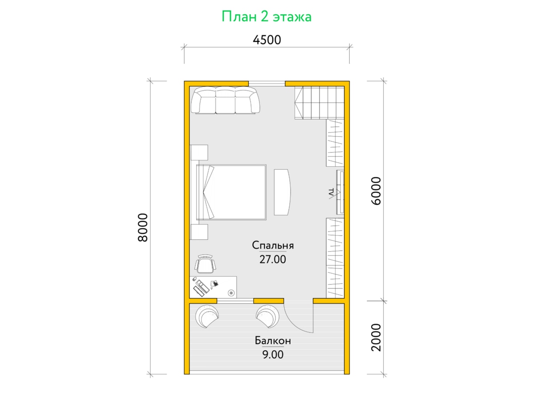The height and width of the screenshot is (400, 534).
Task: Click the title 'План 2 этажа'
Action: (x=267, y=17)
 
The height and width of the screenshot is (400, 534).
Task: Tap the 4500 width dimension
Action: (x=267, y=40)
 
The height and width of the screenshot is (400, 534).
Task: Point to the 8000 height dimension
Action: (x=143, y=228)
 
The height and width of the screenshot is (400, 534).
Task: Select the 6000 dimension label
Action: (x=376, y=191)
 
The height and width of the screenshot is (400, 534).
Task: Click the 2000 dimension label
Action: (x=376, y=338)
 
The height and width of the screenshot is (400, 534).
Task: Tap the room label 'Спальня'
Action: (x=273, y=245)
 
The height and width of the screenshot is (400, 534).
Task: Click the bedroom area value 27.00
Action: (x=273, y=260)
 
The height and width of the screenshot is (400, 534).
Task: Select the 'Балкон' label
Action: (x=273, y=341)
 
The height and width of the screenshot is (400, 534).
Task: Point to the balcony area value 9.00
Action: (x=273, y=355)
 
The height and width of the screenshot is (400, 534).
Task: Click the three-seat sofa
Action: (x=225, y=100)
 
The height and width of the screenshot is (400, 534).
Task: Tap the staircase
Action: (x=319, y=103)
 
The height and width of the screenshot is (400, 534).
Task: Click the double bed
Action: (x=231, y=192)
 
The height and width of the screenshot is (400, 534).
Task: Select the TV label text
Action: (x=331, y=193)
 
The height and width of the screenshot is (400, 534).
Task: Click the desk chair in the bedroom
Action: (x=206, y=264)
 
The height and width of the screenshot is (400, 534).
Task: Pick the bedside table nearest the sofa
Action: (x=199, y=152)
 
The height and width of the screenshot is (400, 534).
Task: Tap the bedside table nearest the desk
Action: (x=199, y=232)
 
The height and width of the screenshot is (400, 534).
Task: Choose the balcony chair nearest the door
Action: (x=267, y=316)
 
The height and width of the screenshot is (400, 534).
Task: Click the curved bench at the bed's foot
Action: (x=282, y=192)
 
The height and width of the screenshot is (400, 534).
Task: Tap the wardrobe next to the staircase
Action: (x=335, y=143)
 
